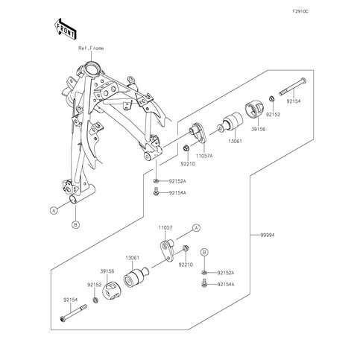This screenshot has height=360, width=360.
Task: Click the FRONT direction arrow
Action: coord(65,28)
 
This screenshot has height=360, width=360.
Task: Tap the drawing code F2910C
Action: coord(300,11)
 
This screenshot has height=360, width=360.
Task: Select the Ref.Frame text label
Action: coord(91,48)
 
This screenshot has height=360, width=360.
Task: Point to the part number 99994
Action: coord(268,235)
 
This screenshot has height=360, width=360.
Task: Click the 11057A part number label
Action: coord(204,157)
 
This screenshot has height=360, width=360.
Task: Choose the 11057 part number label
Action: coord(165,227)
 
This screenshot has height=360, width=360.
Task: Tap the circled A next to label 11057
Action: coord(197,227)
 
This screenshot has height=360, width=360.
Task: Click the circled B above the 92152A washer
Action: coord(204,253)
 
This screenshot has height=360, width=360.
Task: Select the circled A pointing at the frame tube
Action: coord(54,210)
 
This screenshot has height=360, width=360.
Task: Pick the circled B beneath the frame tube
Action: coord(75,225)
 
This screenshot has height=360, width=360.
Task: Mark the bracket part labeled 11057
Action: coord(167,250)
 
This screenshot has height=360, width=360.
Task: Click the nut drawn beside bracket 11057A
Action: coord(186,148)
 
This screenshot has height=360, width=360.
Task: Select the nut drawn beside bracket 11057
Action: coord(186,247)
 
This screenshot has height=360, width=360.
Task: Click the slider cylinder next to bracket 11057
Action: coord(136,278)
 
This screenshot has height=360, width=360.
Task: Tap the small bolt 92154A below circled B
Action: coord(204,284)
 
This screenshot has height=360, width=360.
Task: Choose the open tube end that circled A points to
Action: coord(74,200)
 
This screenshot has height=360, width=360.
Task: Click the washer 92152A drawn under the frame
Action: coord(156,180)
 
